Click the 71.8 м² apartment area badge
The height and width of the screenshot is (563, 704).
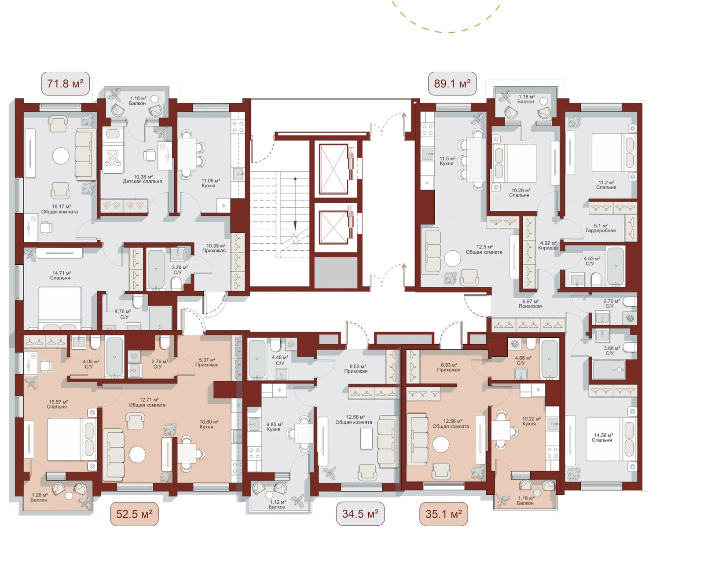66,84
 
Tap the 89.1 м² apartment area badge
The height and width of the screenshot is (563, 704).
452,84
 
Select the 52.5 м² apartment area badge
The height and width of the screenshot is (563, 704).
134,514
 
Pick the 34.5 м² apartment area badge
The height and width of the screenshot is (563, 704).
360,514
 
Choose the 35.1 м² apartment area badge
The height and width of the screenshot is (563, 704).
444,514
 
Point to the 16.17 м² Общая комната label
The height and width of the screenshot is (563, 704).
59,209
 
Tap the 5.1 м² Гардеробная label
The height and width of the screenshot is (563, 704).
601,228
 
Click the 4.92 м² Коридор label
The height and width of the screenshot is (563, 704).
548,245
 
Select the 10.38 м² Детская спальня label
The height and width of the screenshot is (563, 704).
142,179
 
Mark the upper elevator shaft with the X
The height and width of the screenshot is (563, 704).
334,169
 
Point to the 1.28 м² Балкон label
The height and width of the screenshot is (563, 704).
39,497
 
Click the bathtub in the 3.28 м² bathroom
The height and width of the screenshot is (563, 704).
156,270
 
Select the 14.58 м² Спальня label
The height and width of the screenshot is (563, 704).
601,437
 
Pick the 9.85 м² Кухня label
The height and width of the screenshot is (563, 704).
274,427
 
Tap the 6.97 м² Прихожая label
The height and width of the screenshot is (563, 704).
530,303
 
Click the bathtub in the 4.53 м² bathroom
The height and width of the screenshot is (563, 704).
616,266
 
